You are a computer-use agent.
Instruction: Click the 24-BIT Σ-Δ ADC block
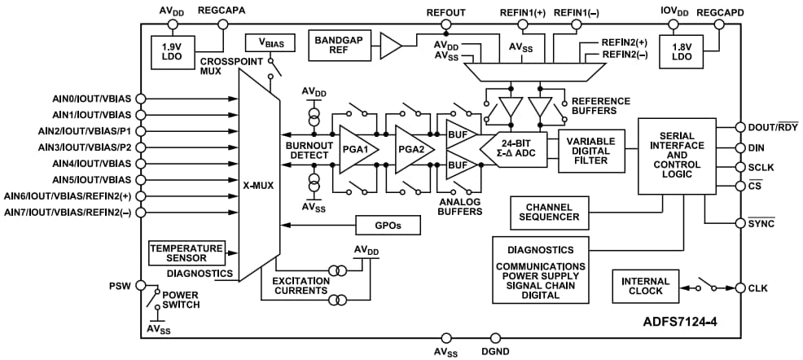[x=517, y=150]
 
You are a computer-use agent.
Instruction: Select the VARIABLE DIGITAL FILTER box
[x=591, y=151]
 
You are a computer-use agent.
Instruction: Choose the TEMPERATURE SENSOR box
[x=186, y=252]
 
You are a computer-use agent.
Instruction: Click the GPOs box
[x=386, y=224]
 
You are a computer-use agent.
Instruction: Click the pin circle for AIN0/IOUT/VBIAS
[x=141, y=99]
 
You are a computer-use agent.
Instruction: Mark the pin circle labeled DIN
[x=740, y=147]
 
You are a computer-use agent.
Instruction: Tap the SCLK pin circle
[x=740, y=168]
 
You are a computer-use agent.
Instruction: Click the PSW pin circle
[x=141, y=286]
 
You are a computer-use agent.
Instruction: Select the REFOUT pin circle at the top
[x=445, y=24]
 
